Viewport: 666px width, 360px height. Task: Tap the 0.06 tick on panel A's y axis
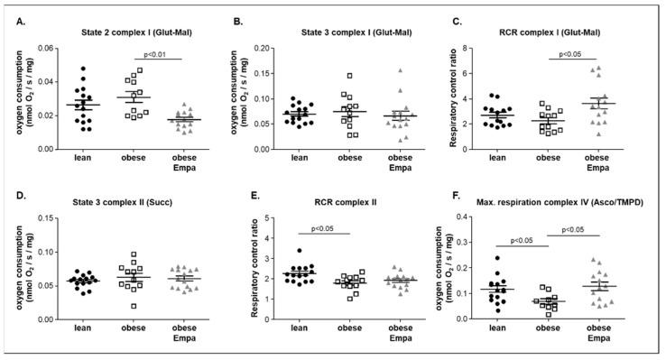click(45, 48)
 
